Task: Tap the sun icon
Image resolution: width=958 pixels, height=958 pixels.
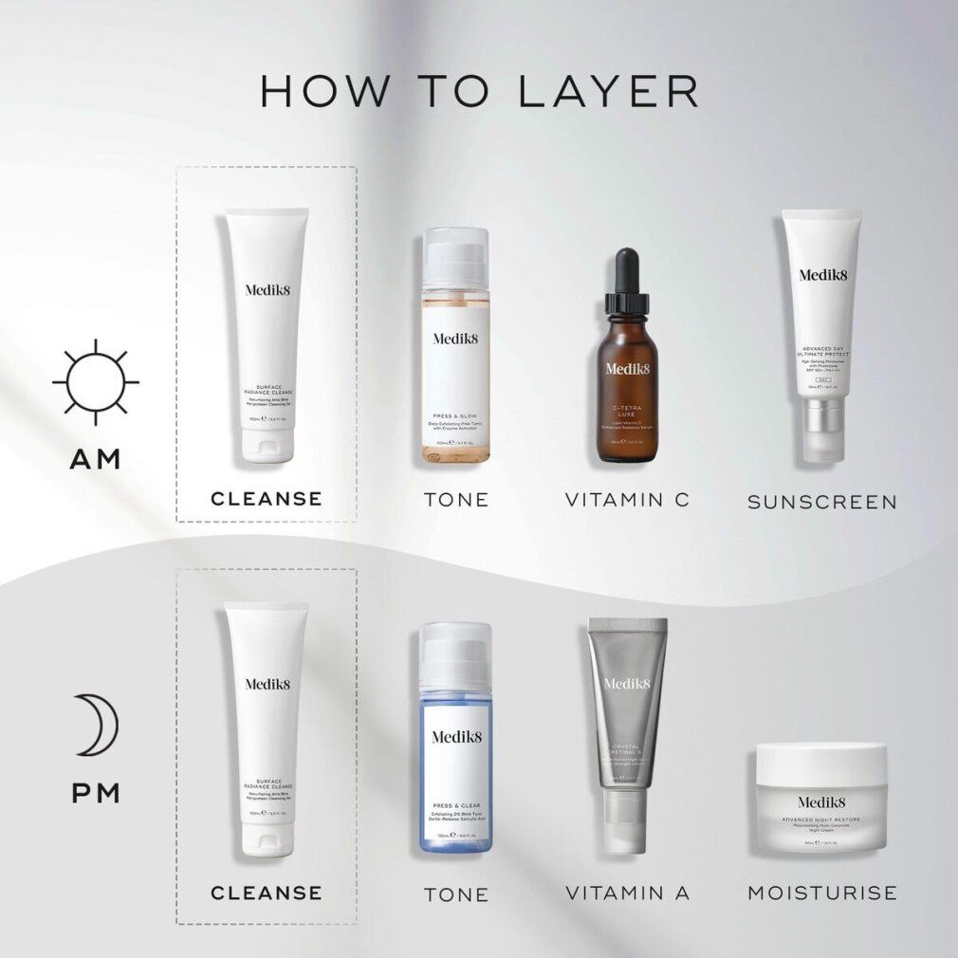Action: pos(95,381)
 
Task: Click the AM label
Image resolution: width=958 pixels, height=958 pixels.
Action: pos(95,459)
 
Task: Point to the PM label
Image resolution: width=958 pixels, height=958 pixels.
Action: pos(95,792)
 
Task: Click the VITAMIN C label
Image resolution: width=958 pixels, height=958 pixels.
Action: pos(627,499)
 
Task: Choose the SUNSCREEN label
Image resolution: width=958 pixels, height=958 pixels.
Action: pos(821,502)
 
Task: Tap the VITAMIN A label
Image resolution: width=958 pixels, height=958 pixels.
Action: pos(627,893)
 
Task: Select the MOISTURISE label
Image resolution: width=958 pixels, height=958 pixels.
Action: pos(821,893)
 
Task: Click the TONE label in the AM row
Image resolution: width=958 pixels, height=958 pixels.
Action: pos(456,499)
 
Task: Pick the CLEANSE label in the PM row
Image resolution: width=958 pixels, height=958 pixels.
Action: pos(267,893)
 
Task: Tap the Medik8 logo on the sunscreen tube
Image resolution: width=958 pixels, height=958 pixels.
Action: pos(821,276)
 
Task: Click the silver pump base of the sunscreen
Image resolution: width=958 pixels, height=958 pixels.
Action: pos(821,427)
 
